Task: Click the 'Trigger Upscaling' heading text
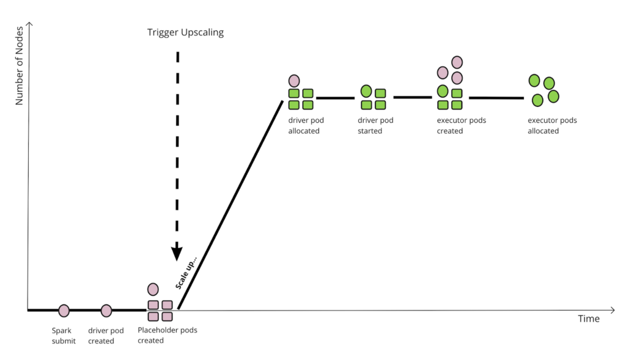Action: point(185,32)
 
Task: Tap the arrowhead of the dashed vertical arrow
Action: point(177,252)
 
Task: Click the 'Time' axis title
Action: point(589,319)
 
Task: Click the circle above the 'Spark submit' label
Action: point(64,310)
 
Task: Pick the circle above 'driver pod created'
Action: point(106,310)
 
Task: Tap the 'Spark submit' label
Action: point(64,336)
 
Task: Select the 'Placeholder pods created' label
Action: point(167,335)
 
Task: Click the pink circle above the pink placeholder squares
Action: point(153,289)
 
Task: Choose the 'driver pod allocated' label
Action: point(304,125)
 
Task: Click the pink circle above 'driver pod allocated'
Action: point(294,81)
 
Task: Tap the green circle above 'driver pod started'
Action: point(366,92)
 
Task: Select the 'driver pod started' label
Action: point(375,125)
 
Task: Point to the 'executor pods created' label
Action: point(461,125)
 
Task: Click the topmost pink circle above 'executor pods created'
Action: point(457,62)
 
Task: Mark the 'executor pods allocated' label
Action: point(552,125)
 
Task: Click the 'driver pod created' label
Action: point(106,336)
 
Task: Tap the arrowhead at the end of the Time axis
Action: point(612,310)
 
